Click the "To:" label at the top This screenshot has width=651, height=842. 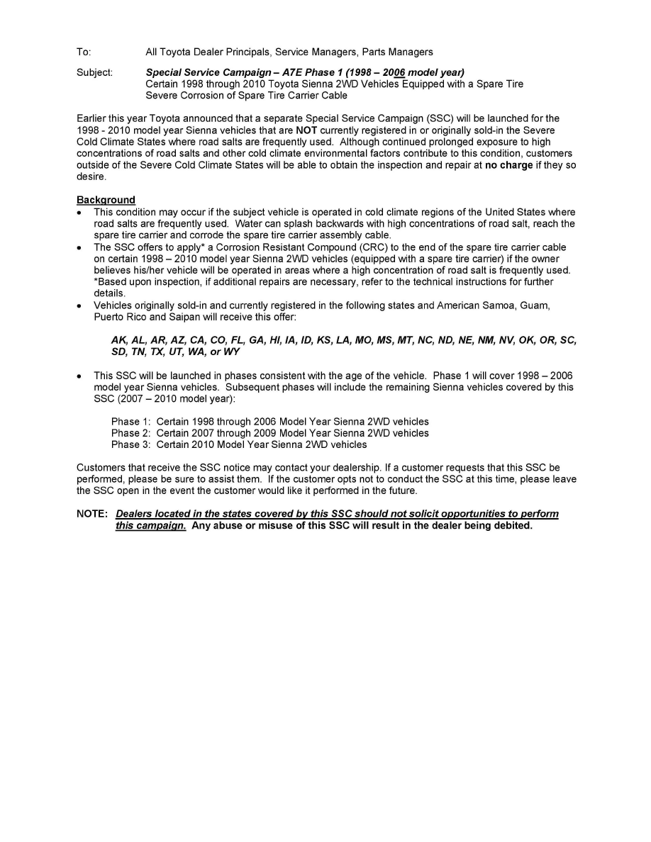[x=84, y=52]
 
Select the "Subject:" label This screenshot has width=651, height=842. [x=94, y=73]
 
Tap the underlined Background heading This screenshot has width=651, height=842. [x=106, y=200]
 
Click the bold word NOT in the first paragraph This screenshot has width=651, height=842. [x=308, y=131]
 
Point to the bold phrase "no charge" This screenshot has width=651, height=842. [x=508, y=165]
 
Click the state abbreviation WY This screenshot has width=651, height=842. [x=231, y=352]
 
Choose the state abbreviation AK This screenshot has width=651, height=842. [x=118, y=340]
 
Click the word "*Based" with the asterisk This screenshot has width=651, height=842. [x=108, y=281]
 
